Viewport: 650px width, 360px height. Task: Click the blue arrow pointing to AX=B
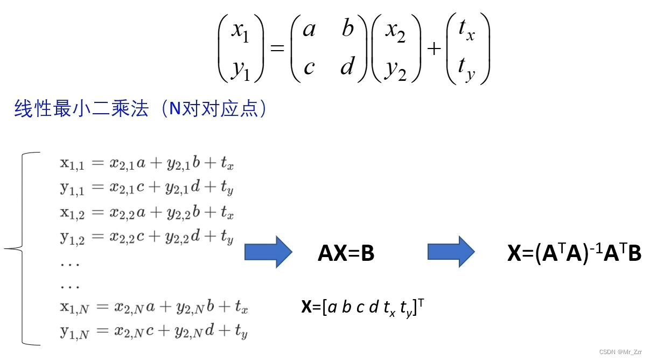pyautogui.click(x=268, y=252)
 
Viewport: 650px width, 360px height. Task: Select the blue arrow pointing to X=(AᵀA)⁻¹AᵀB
pyautogui.click(x=451, y=252)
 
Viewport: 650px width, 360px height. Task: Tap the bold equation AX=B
pyautogui.click(x=346, y=253)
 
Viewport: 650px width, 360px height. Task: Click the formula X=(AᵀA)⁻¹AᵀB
pyautogui.click(x=574, y=253)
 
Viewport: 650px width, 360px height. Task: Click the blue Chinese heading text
pyautogui.click(x=140, y=109)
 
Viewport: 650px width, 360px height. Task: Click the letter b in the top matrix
pyautogui.click(x=347, y=29)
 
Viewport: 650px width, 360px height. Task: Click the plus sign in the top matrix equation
pyautogui.click(x=434, y=49)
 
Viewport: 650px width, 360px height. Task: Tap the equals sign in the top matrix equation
pyautogui.click(x=277, y=49)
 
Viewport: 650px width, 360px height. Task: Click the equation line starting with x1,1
pyautogui.click(x=147, y=165)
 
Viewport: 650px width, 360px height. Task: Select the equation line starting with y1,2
pyautogui.click(x=147, y=237)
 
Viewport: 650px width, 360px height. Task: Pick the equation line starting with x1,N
pyautogui.click(x=153, y=308)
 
